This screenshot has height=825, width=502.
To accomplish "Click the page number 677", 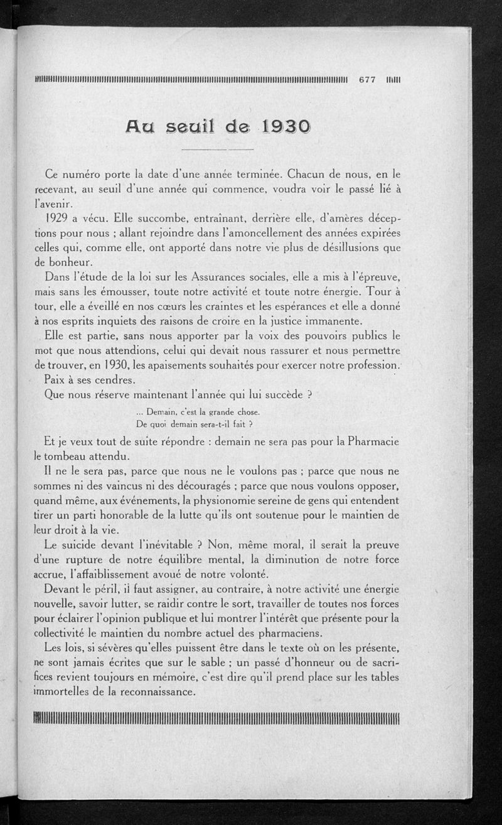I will (x=366, y=80).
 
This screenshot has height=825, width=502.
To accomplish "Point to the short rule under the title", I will (x=216, y=149).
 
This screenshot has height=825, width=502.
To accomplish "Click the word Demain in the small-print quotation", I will (x=163, y=412).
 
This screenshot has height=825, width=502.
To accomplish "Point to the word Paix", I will (x=58, y=381).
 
